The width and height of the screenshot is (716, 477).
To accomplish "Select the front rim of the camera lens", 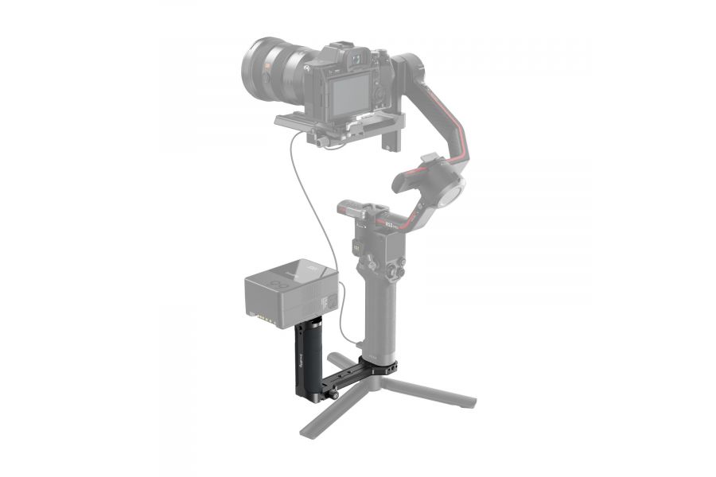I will click(x=254, y=64).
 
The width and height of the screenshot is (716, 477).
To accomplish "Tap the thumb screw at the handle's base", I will click(x=335, y=394).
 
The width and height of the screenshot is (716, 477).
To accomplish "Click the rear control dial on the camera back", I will click(x=379, y=96).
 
